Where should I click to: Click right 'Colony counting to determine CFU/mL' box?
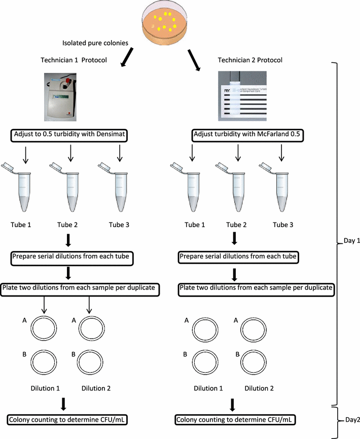coord(236,420)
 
